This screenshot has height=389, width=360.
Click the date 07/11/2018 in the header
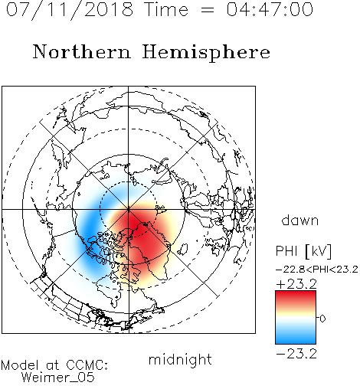(70, 10)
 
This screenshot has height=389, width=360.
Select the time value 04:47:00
(270, 9)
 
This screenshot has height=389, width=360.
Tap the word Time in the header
(166, 9)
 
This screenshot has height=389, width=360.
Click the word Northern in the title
(82, 51)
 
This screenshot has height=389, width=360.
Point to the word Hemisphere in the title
(206, 53)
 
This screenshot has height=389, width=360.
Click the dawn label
(300, 221)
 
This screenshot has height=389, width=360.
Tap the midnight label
(180, 360)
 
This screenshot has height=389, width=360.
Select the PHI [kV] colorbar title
(303, 251)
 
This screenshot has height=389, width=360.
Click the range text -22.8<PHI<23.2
(317, 270)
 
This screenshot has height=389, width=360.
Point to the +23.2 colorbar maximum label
(296, 284)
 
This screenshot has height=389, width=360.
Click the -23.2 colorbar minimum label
(296, 354)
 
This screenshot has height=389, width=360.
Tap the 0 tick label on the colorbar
(322, 319)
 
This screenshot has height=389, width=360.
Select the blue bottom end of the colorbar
(296, 339)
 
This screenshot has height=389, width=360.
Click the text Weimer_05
(58, 378)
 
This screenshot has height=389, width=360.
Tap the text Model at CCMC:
(54, 365)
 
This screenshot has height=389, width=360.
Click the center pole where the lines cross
(129, 209)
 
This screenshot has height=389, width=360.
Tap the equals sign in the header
(208, 10)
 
